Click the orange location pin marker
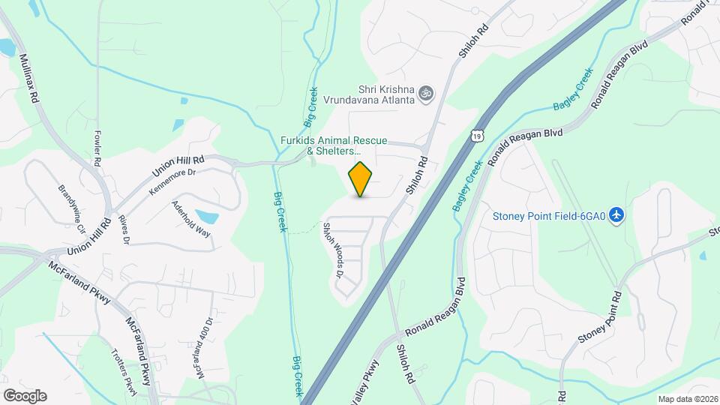point(361,179)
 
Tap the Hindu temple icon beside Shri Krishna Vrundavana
point(425,93)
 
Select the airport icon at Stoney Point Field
point(617,216)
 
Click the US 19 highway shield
point(476,136)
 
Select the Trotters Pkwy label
point(124,370)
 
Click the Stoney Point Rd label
point(601,318)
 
